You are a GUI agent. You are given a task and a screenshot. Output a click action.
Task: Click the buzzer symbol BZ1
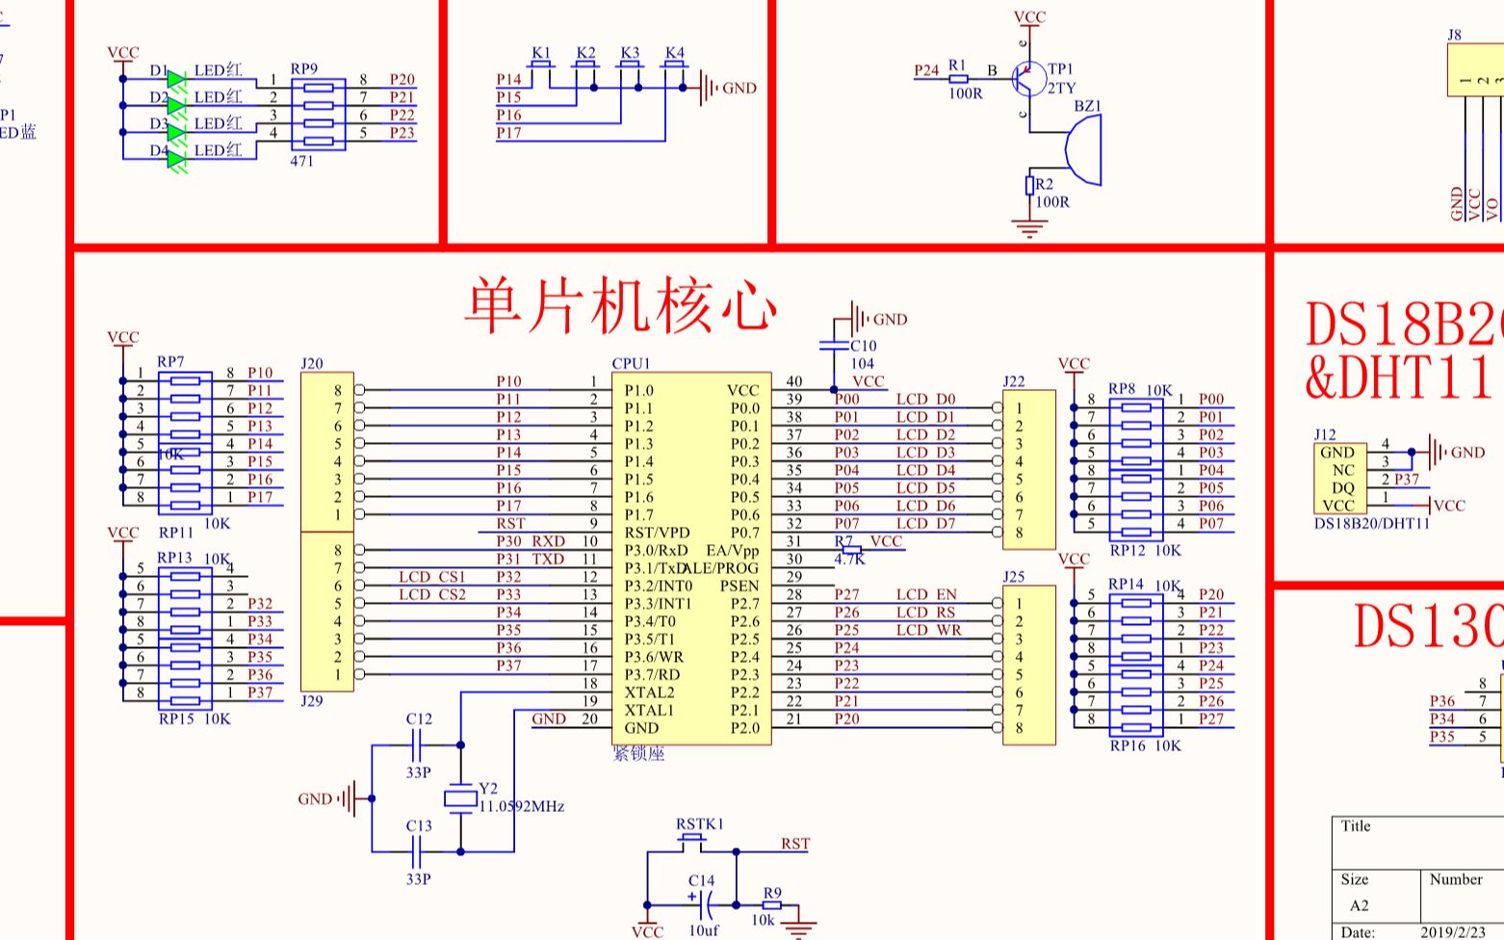[x=1083, y=149]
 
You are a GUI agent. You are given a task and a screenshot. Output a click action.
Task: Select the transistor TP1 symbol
[x=1029, y=79]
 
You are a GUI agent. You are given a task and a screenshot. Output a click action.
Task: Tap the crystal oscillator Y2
[x=460, y=797]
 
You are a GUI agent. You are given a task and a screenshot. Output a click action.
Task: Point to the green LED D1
[x=176, y=80]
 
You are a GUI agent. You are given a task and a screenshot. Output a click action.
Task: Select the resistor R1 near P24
[x=958, y=79]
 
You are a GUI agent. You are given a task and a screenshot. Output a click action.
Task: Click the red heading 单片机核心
[x=621, y=305]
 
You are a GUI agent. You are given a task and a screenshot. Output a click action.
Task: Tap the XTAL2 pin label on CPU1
[x=649, y=692]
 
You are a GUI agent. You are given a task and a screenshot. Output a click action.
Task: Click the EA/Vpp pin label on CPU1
[x=732, y=550]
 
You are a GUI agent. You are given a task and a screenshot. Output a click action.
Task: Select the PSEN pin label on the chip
[x=739, y=586]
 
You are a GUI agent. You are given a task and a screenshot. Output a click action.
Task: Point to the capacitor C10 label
[x=863, y=346]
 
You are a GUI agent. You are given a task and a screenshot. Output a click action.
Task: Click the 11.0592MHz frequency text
[x=521, y=807]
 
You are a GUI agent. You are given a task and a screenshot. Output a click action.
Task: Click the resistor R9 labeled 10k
[x=771, y=905]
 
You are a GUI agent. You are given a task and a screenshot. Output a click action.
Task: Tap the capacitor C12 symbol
[x=419, y=744]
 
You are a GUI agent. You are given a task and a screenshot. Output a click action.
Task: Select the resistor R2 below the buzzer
[x=1029, y=185]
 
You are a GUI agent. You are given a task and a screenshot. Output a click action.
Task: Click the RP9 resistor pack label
[x=303, y=69]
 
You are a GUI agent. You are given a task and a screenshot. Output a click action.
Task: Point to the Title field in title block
[x=1356, y=826]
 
